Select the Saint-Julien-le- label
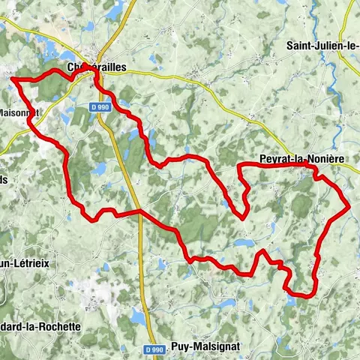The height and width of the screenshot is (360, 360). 322,46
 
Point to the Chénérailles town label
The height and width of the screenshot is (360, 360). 97,67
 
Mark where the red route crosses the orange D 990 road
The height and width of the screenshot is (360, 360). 140,212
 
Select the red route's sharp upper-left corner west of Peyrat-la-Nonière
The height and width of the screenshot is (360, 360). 239,164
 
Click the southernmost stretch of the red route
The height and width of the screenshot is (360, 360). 300,295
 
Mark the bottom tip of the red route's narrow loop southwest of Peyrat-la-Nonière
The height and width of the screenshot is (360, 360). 244,217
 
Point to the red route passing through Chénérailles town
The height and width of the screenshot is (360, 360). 94,71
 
